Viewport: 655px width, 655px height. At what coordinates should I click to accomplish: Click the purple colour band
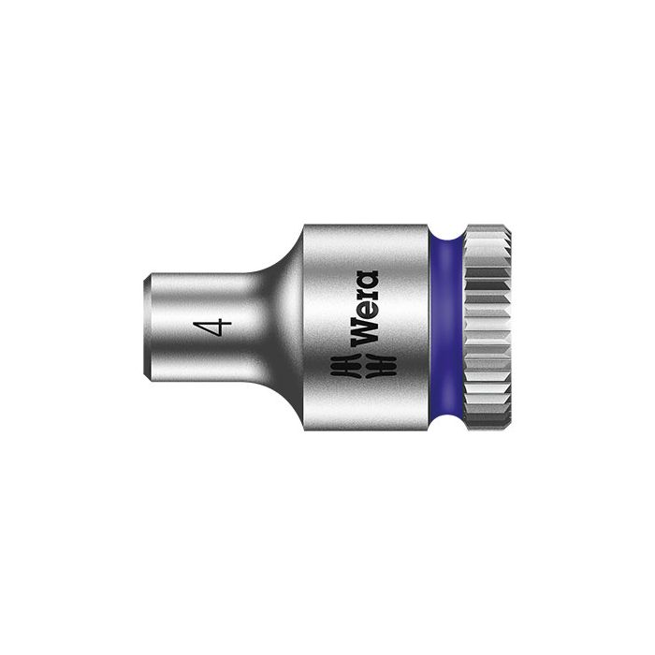tap(447, 327)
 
